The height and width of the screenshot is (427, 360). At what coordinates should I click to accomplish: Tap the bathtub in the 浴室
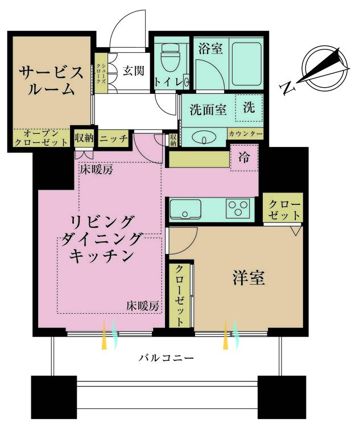click(247, 64)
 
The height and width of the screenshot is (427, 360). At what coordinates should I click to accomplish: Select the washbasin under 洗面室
click(204, 138)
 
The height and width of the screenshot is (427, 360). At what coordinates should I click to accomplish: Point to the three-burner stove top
click(238, 208)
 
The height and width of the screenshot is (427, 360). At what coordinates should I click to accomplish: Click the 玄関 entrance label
click(133, 71)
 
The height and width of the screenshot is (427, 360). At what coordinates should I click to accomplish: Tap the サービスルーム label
click(51, 81)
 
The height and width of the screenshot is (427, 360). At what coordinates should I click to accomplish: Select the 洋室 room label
click(249, 277)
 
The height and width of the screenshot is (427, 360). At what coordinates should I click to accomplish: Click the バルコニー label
click(166, 358)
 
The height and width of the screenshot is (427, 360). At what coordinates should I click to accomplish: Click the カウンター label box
click(246, 134)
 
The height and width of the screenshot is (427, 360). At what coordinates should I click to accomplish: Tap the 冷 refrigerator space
click(244, 158)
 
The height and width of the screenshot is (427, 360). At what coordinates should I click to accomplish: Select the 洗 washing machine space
click(249, 108)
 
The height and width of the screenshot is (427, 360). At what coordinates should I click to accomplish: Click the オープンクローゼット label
click(41, 138)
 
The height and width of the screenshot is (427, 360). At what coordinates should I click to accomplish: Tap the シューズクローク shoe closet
click(101, 73)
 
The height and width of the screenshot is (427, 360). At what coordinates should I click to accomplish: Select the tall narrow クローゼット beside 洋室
click(179, 295)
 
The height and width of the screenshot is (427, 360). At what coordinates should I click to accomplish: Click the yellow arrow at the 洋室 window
click(226, 334)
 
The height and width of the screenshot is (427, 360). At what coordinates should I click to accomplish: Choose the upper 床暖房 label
click(96, 170)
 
